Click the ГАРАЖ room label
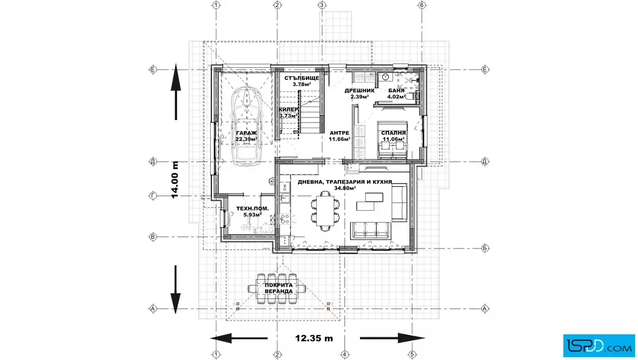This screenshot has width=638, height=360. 246,133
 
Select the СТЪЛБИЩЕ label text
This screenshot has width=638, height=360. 301,78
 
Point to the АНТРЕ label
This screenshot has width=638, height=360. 340,133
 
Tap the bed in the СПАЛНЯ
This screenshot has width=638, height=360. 392,140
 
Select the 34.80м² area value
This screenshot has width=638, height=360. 345,189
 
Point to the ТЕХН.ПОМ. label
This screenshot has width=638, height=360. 252,208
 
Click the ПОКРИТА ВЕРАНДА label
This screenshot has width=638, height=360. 279,288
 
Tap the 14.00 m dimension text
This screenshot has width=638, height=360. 175,180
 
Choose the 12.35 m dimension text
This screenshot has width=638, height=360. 314,338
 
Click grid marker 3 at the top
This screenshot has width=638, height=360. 322,5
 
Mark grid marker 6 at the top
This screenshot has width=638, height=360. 422,5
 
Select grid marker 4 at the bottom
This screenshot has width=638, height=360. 344,355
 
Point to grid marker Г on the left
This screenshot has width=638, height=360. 153,195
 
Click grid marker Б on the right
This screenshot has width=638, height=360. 485,248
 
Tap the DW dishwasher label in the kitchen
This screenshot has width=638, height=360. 285,187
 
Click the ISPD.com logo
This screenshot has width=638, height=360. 599,346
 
